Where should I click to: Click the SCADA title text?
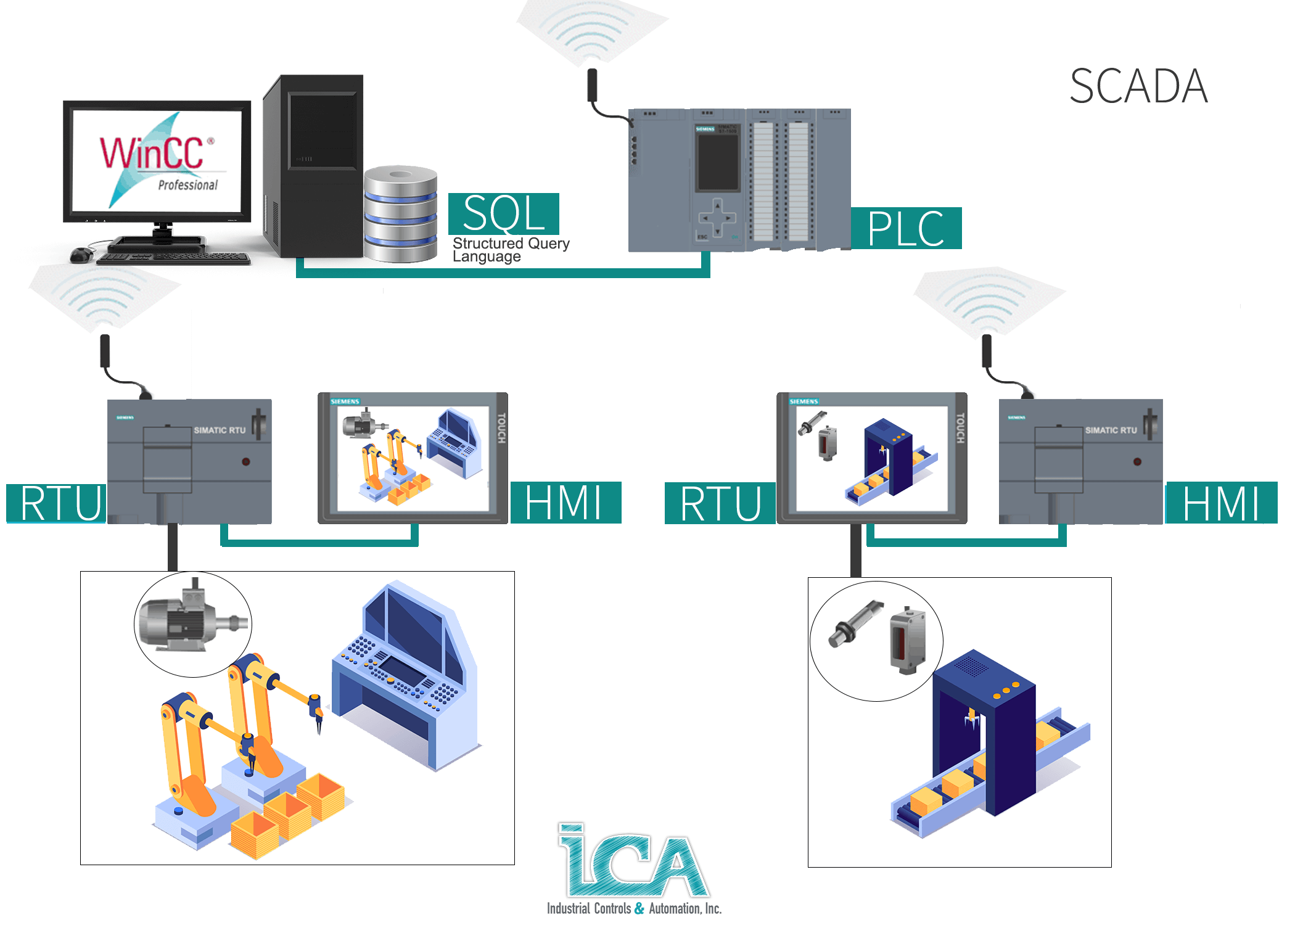(x=1138, y=87)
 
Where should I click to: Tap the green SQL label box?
(x=503, y=213)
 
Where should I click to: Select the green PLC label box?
(x=905, y=229)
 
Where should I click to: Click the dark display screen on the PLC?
(x=717, y=162)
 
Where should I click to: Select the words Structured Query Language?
(x=510, y=250)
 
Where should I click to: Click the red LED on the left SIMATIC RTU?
(x=245, y=461)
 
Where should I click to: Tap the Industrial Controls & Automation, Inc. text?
(x=633, y=908)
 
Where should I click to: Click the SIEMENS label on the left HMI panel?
(x=345, y=401)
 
